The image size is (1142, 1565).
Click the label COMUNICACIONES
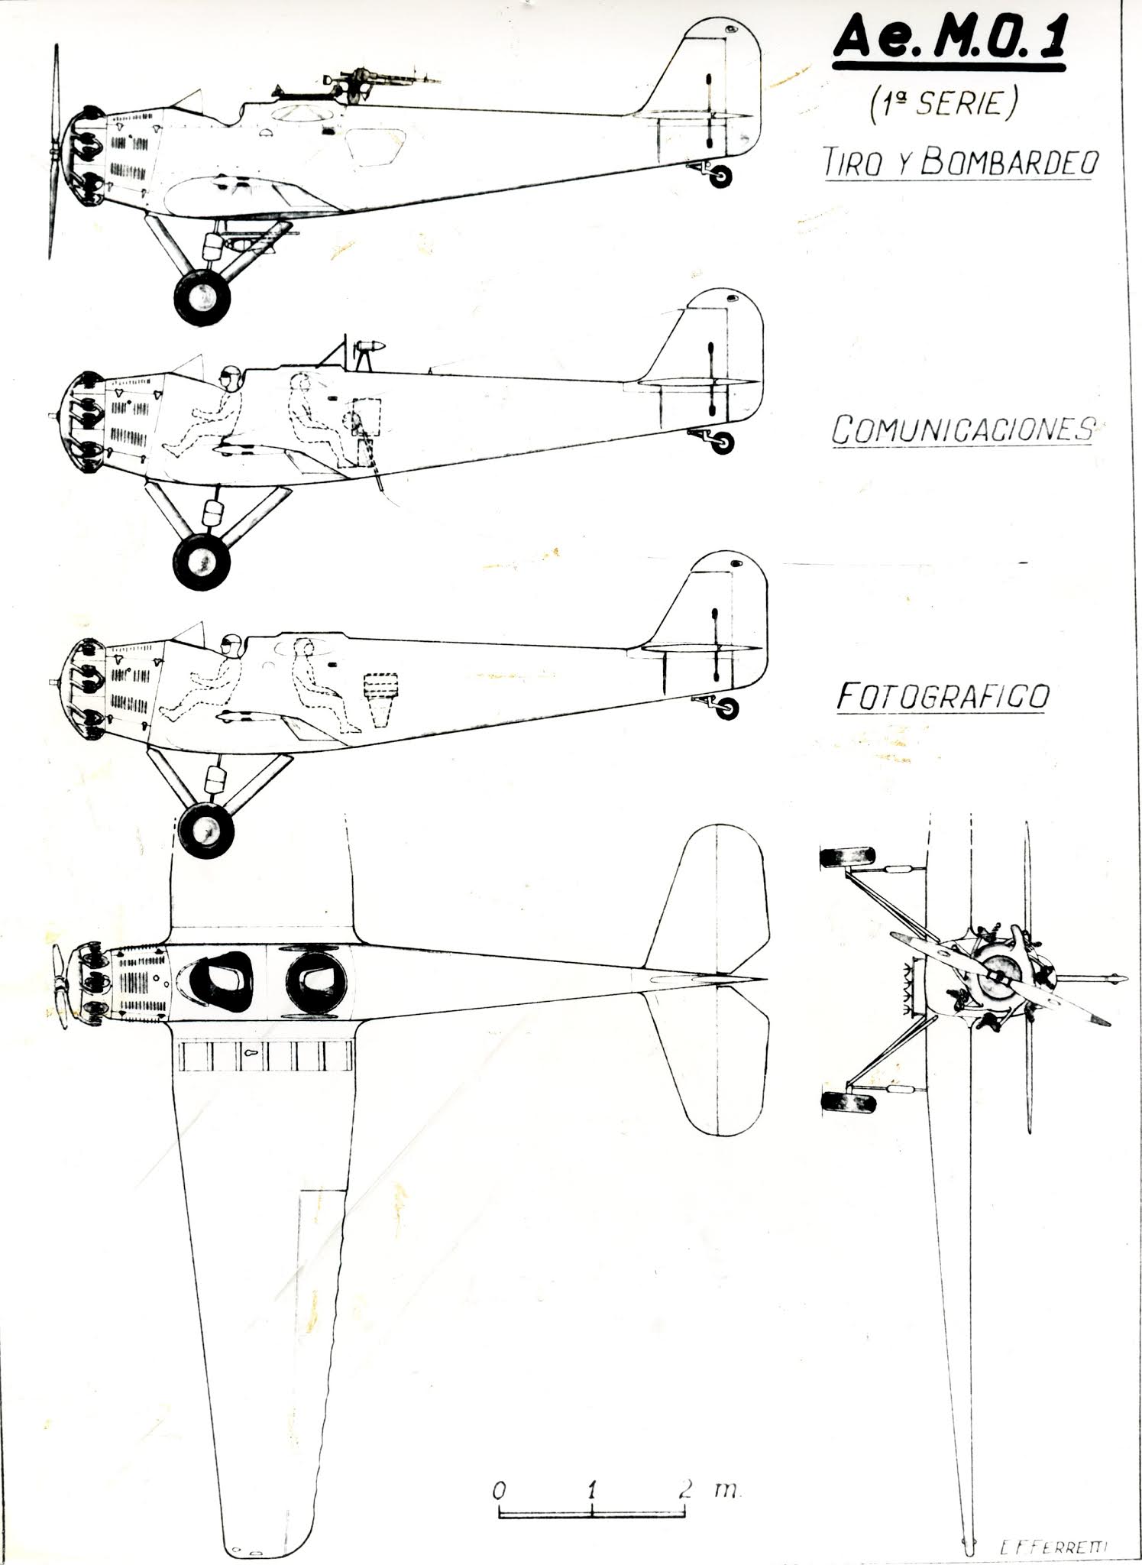961,430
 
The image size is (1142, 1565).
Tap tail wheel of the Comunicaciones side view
721,442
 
